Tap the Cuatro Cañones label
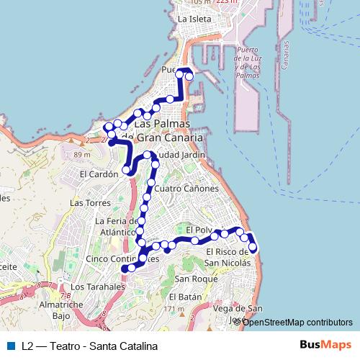[186, 189]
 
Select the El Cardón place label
[99, 174]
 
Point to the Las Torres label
[85, 203]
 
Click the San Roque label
[191, 279]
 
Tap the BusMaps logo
[325, 345]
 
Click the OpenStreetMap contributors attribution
[297, 322]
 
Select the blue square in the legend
[10, 346]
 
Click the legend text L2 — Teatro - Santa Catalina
[89, 346]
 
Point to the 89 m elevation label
[81, 154]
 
